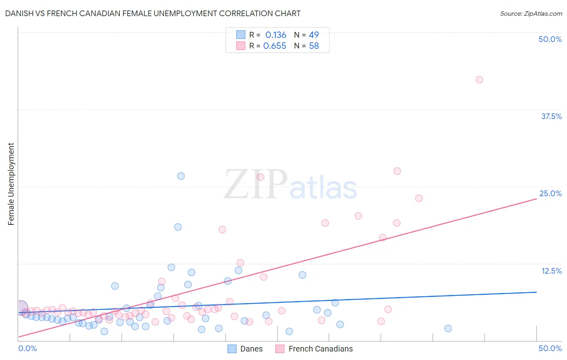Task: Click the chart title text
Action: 153,13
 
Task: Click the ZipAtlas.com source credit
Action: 531,13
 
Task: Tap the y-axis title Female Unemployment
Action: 11,184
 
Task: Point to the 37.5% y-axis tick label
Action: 551,116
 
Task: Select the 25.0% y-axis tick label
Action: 550,193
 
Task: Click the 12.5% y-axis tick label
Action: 551,271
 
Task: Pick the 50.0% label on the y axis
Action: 550,39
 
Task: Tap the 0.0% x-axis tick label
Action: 27,348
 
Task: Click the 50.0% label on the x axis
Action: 550,348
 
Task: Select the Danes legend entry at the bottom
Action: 245,349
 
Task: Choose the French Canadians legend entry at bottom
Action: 314,349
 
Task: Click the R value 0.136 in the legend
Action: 275,35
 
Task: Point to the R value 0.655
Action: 275,46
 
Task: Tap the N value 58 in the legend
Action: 314,46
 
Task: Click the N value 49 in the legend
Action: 314,35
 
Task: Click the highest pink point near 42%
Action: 479,80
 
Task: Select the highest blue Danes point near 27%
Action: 181,176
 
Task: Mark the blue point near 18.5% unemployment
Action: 178,227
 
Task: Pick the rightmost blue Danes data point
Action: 448,329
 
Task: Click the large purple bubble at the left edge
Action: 21,308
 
